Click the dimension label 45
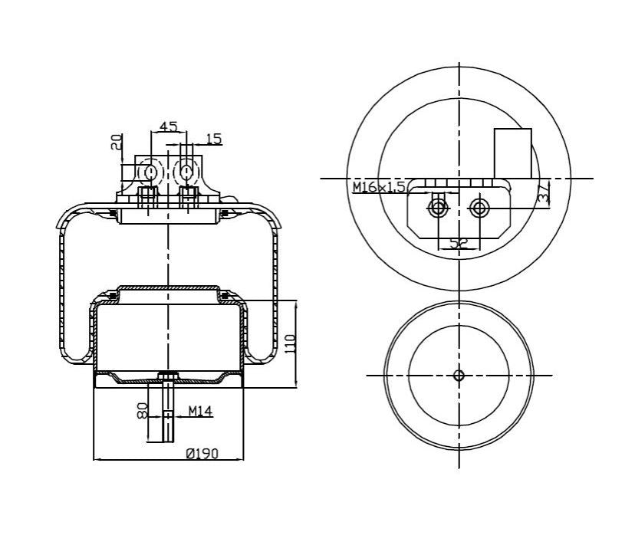168,126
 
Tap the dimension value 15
214,139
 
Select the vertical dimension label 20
117,142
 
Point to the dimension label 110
291,343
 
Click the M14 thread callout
200,412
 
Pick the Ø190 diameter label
202,453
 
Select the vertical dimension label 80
143,411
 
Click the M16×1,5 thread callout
379,187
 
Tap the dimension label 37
544,193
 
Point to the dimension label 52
459,243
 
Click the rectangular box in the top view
513,153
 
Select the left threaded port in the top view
438,208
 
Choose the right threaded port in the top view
479,208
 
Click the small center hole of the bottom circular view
459,376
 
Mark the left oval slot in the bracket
150,172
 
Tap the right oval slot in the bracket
186,172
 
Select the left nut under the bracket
148,197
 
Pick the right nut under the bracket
189,197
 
